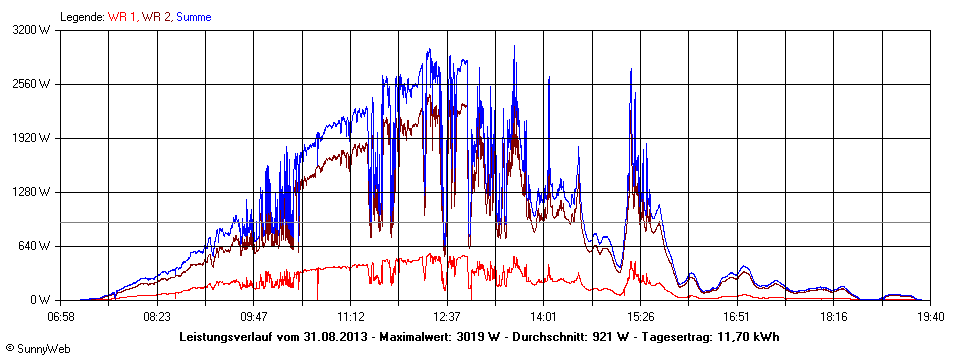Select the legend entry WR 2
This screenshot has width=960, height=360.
coord(157,17)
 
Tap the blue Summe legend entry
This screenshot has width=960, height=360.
coord(194,17)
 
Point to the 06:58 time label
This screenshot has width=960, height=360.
coord(61,316)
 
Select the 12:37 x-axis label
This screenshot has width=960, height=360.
coord(447,316)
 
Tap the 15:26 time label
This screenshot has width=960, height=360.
coord(640,316)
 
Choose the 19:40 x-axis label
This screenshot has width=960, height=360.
coord(930,316)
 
